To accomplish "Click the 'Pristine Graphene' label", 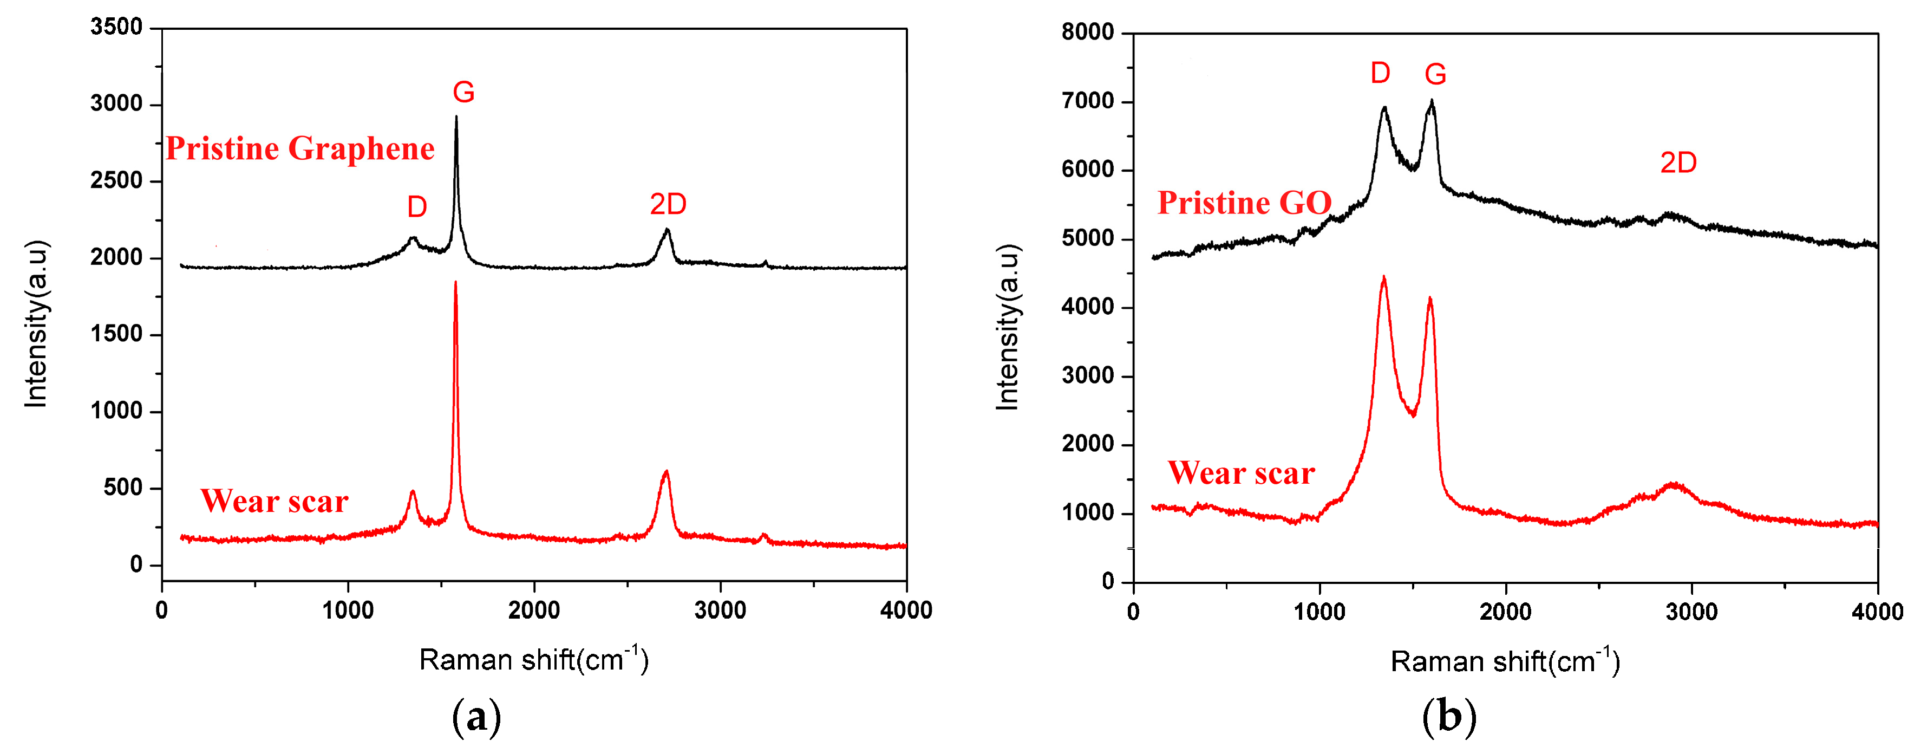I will tap(299, 148).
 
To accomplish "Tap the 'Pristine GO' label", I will tap(1245, 203).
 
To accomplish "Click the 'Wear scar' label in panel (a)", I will tap(274, 501).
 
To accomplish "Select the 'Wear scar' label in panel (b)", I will tap(1241, 473).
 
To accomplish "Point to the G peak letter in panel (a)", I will tap(463, 92).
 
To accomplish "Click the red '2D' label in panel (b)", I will tap(1678, 163).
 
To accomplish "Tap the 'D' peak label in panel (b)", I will tap(1380, 73).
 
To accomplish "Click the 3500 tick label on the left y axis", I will tap(116, 28).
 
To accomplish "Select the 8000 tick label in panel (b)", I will tap(1087, 32).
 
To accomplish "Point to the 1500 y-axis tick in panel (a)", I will tap(116, 334).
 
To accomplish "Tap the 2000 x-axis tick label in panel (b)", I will tap(1505, 613).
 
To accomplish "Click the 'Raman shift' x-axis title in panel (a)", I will tap(533, 659).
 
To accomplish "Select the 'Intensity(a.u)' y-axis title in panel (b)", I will tap(1008, 327).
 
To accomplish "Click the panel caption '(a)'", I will tap(476, 717).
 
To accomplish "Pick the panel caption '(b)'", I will tap(1448, 717).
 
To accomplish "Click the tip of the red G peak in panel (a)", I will tap(455, 282).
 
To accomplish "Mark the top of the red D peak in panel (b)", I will tap(1383, 277).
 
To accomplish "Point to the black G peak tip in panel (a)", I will tap(456, 116).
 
